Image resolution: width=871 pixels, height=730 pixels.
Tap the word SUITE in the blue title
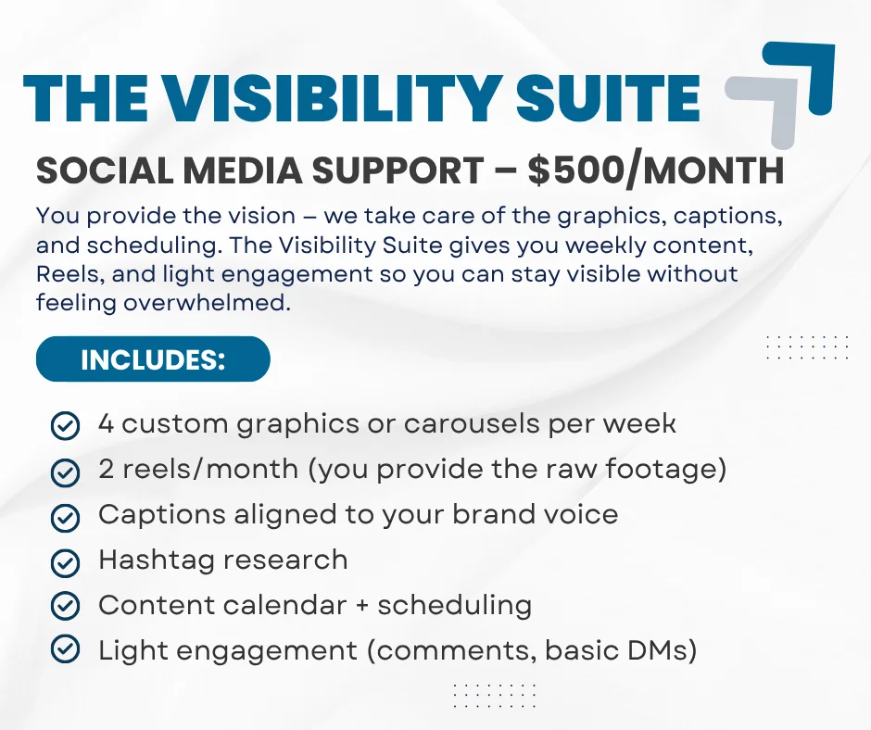[x=608, y=98]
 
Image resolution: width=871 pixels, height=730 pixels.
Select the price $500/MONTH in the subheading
[x=656, y=170]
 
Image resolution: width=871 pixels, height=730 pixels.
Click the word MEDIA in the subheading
[x=243, y=170]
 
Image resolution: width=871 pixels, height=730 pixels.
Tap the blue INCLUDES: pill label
[x=153, y=359]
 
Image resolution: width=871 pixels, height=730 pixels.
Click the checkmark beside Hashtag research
[x=65, y=562]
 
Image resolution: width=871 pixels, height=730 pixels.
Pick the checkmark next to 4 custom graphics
[x=65, y=426]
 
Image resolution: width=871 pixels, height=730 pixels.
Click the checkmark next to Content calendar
[x=65, y=605]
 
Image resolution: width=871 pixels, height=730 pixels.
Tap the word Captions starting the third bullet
[x=162, y=515]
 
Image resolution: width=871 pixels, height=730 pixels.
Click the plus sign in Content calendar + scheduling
[x=362, y=606]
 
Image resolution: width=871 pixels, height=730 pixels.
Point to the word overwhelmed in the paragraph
[x=207, y=303]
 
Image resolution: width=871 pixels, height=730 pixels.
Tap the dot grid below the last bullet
[x=495, y=695]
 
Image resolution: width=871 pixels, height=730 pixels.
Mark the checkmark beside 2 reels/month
[x=65, y=472]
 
